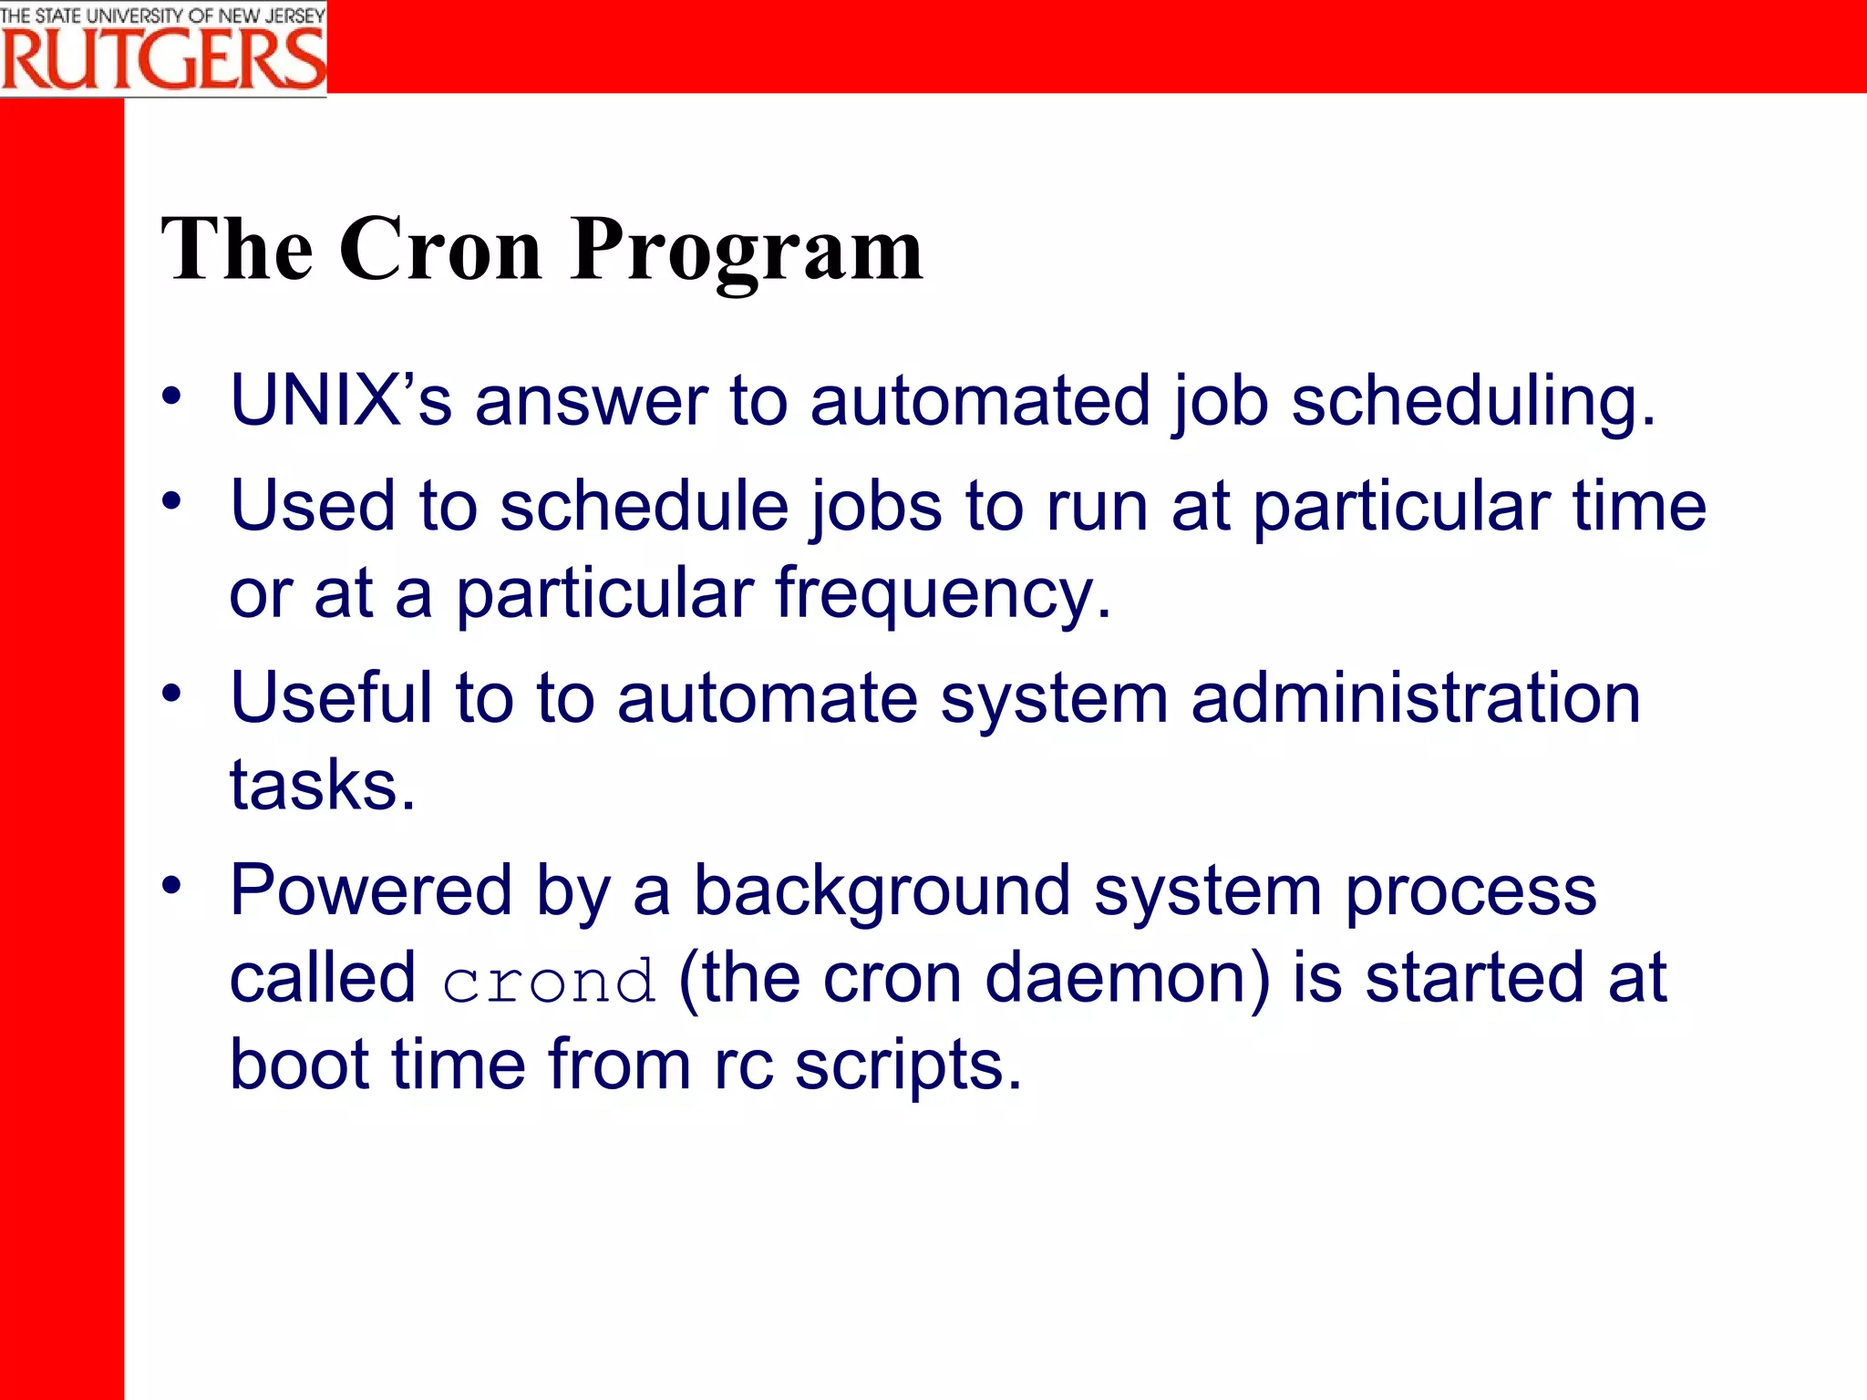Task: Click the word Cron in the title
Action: tap(440, 249)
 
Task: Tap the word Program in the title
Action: tap(747, 251)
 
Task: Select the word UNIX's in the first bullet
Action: tap(340, 400)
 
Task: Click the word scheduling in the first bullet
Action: tap(1471, 402)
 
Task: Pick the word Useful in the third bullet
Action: tap(331, 697)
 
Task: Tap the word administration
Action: tap(1415, 697)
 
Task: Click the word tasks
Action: tap(322, 785)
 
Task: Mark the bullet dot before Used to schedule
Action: tap(171, 500)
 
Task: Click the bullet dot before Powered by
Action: tap(171, 885)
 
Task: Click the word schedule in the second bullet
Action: tap(644, 506)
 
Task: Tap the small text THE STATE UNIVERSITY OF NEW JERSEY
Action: tap(162, 15)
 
